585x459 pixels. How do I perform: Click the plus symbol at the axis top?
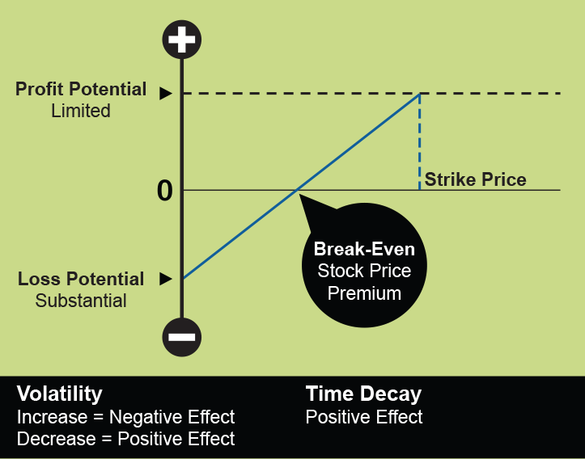tap(182, 40)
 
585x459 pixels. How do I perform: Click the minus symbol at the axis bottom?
tap(182, 337)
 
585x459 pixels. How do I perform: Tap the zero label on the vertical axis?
tap(165, 192)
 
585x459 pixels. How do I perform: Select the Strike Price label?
tap(475, 179)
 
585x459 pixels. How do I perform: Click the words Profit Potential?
tap(81, 90)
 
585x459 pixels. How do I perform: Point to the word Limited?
tap(81, 111)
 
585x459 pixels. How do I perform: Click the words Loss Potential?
tap(81, 279)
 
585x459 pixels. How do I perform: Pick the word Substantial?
tap(81, 301)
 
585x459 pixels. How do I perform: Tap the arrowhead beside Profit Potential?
tap(165, 93)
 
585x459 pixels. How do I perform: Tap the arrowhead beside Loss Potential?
tap(165, 279)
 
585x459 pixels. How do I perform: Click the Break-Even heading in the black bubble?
tap(364, 249)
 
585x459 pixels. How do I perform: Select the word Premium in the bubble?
tap(364, 293)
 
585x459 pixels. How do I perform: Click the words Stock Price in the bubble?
tap(364, 271)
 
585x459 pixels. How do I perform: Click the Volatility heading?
tap(60, 394)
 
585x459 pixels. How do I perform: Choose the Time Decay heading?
tap(363, 394)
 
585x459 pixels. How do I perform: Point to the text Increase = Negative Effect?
tap(125, 417)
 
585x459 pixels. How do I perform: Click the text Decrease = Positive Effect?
tap(125, 439)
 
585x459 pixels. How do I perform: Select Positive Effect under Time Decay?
tap(364, 417)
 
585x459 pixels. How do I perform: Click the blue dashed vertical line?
tap(420, 141)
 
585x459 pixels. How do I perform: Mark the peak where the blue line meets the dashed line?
tap(420, 94)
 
